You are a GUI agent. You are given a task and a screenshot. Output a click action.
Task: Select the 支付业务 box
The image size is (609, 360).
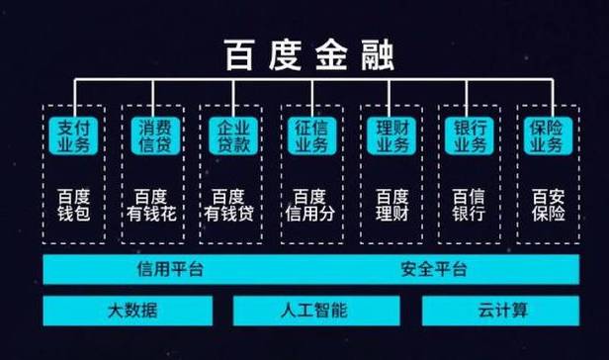(x=70, y=135)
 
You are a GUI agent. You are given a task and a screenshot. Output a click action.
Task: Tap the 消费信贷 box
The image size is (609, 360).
(x=150, y=135)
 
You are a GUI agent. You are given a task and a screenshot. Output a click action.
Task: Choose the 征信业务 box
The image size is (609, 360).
(x=309, y=135)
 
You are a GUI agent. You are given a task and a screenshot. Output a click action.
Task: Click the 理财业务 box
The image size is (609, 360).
(x=389, y=135)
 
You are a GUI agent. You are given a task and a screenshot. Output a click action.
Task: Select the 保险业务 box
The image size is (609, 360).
(x=547, y=135)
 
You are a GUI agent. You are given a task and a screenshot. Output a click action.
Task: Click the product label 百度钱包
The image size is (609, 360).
(x=70, y=203)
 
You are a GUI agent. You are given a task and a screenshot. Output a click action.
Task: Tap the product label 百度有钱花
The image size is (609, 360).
(x=150, y=203)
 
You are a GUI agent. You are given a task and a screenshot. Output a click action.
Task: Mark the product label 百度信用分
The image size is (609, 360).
(x=309, y=203)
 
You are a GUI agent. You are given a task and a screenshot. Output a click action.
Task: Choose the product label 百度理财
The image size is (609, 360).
(x=389, y=203)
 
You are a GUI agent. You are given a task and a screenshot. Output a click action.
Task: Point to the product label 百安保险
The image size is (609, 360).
(x=547, y=203)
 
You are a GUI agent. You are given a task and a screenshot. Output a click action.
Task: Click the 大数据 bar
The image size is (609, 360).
(x=132, y=311)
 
